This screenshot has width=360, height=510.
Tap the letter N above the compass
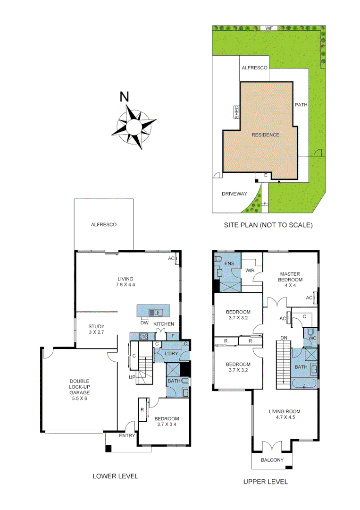click(x=125, y=97)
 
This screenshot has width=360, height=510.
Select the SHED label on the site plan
click(x=237, y=112)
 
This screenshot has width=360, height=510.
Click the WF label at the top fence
click(x=269, y=28)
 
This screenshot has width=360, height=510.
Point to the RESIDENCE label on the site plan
click(x=265, y=135)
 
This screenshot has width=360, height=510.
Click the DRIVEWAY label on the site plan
click(x=234, y=194)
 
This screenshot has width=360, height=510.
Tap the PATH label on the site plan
click(x=301, y=104)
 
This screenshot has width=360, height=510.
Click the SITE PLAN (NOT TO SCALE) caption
click(x=268, y=225)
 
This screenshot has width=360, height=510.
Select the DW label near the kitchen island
click(x=144, y=323)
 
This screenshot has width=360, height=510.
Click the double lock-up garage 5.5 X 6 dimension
click(x=80, y=399)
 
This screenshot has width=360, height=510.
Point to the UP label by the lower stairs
click(x=133, y=377)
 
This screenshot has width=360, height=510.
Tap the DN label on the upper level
click(x=284, y=338)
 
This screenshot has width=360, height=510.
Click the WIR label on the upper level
click(x=251, y=271)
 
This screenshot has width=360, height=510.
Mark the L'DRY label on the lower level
click(x=170, y=354)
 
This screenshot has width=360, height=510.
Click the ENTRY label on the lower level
click(x=127, y=435)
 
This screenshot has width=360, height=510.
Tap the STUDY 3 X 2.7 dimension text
click(x=96, y=332)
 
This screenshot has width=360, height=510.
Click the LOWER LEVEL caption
click(x=115, y=476)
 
